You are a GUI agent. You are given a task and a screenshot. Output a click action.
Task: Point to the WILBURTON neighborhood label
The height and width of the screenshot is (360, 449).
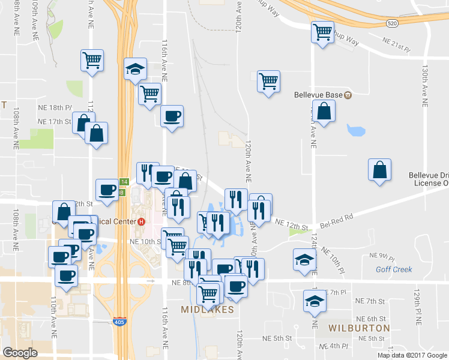coord(359,328)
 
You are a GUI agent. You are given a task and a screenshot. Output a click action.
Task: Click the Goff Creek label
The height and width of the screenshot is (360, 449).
coord(394,269)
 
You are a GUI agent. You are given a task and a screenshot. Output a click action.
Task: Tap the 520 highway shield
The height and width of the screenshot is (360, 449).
coord(392,23)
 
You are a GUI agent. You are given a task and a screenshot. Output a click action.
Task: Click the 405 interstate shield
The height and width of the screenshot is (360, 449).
coord(119,322)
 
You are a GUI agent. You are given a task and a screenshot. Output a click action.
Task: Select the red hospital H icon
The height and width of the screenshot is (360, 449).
coord(141,221)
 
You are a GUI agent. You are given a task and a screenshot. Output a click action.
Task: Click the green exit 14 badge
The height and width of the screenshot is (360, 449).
coord(124,181)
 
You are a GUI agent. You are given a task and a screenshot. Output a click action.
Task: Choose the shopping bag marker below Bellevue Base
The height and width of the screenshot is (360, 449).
coord(324,112)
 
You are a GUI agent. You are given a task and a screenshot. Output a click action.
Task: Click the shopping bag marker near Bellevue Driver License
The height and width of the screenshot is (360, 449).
coord(380,170)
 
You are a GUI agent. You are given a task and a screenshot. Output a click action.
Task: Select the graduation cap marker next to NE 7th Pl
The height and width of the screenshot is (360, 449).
coord(314,301)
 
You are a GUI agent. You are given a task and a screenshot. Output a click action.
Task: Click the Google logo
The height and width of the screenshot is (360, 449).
coord(20,353)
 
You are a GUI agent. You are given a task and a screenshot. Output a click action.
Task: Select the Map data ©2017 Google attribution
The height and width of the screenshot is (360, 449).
coord(412,355)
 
